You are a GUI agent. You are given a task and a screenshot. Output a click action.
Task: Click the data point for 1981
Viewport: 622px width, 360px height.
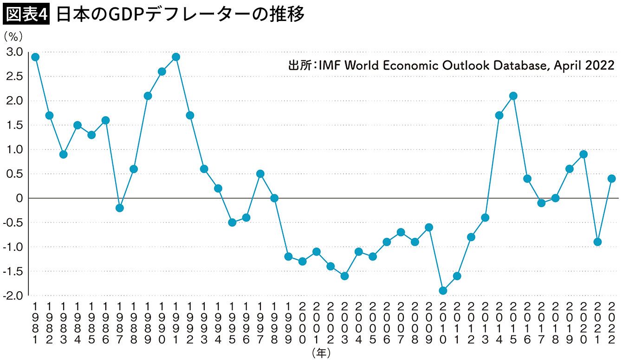coord(35,57)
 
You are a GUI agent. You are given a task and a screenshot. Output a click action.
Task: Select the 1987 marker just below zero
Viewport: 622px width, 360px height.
coord(119,208)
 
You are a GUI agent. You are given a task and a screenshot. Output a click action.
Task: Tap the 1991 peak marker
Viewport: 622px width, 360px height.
coord(176,57)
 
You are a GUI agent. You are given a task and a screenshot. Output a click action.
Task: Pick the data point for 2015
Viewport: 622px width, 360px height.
coord(513,96)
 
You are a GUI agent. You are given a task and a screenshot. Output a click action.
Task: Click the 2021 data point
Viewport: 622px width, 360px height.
coord(598,242)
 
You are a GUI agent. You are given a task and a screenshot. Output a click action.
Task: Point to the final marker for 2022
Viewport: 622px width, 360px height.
coord(612,178)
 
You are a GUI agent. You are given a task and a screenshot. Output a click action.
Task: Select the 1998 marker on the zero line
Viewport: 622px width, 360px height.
coord(274,198)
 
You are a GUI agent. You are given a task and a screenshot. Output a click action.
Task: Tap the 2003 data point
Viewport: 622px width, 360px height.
coord(344,276)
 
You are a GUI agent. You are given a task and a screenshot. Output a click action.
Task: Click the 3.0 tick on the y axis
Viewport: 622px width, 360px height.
coord(14,52)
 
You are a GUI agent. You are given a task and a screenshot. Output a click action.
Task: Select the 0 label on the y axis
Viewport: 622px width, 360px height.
coord(19,198)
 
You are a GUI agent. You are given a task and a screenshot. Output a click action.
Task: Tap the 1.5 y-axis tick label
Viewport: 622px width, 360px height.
coord(14,125)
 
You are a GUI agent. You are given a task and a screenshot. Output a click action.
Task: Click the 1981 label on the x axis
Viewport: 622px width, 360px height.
coord(35,322)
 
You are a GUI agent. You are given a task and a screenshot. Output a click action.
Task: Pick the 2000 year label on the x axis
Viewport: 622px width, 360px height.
coord(302,322)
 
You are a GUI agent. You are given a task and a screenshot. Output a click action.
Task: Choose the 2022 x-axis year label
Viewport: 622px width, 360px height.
coord(612,322)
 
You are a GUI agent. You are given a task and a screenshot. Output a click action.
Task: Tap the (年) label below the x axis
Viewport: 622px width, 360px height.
coord(321,353)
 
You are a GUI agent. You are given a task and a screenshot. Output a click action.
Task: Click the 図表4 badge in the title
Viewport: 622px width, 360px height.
coord(26,14)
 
